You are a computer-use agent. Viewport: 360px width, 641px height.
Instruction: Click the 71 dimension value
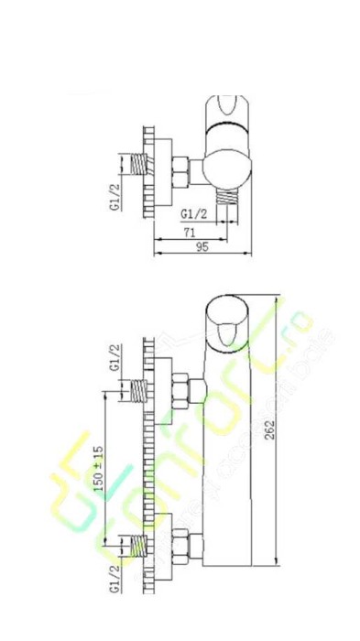(190, 234)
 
